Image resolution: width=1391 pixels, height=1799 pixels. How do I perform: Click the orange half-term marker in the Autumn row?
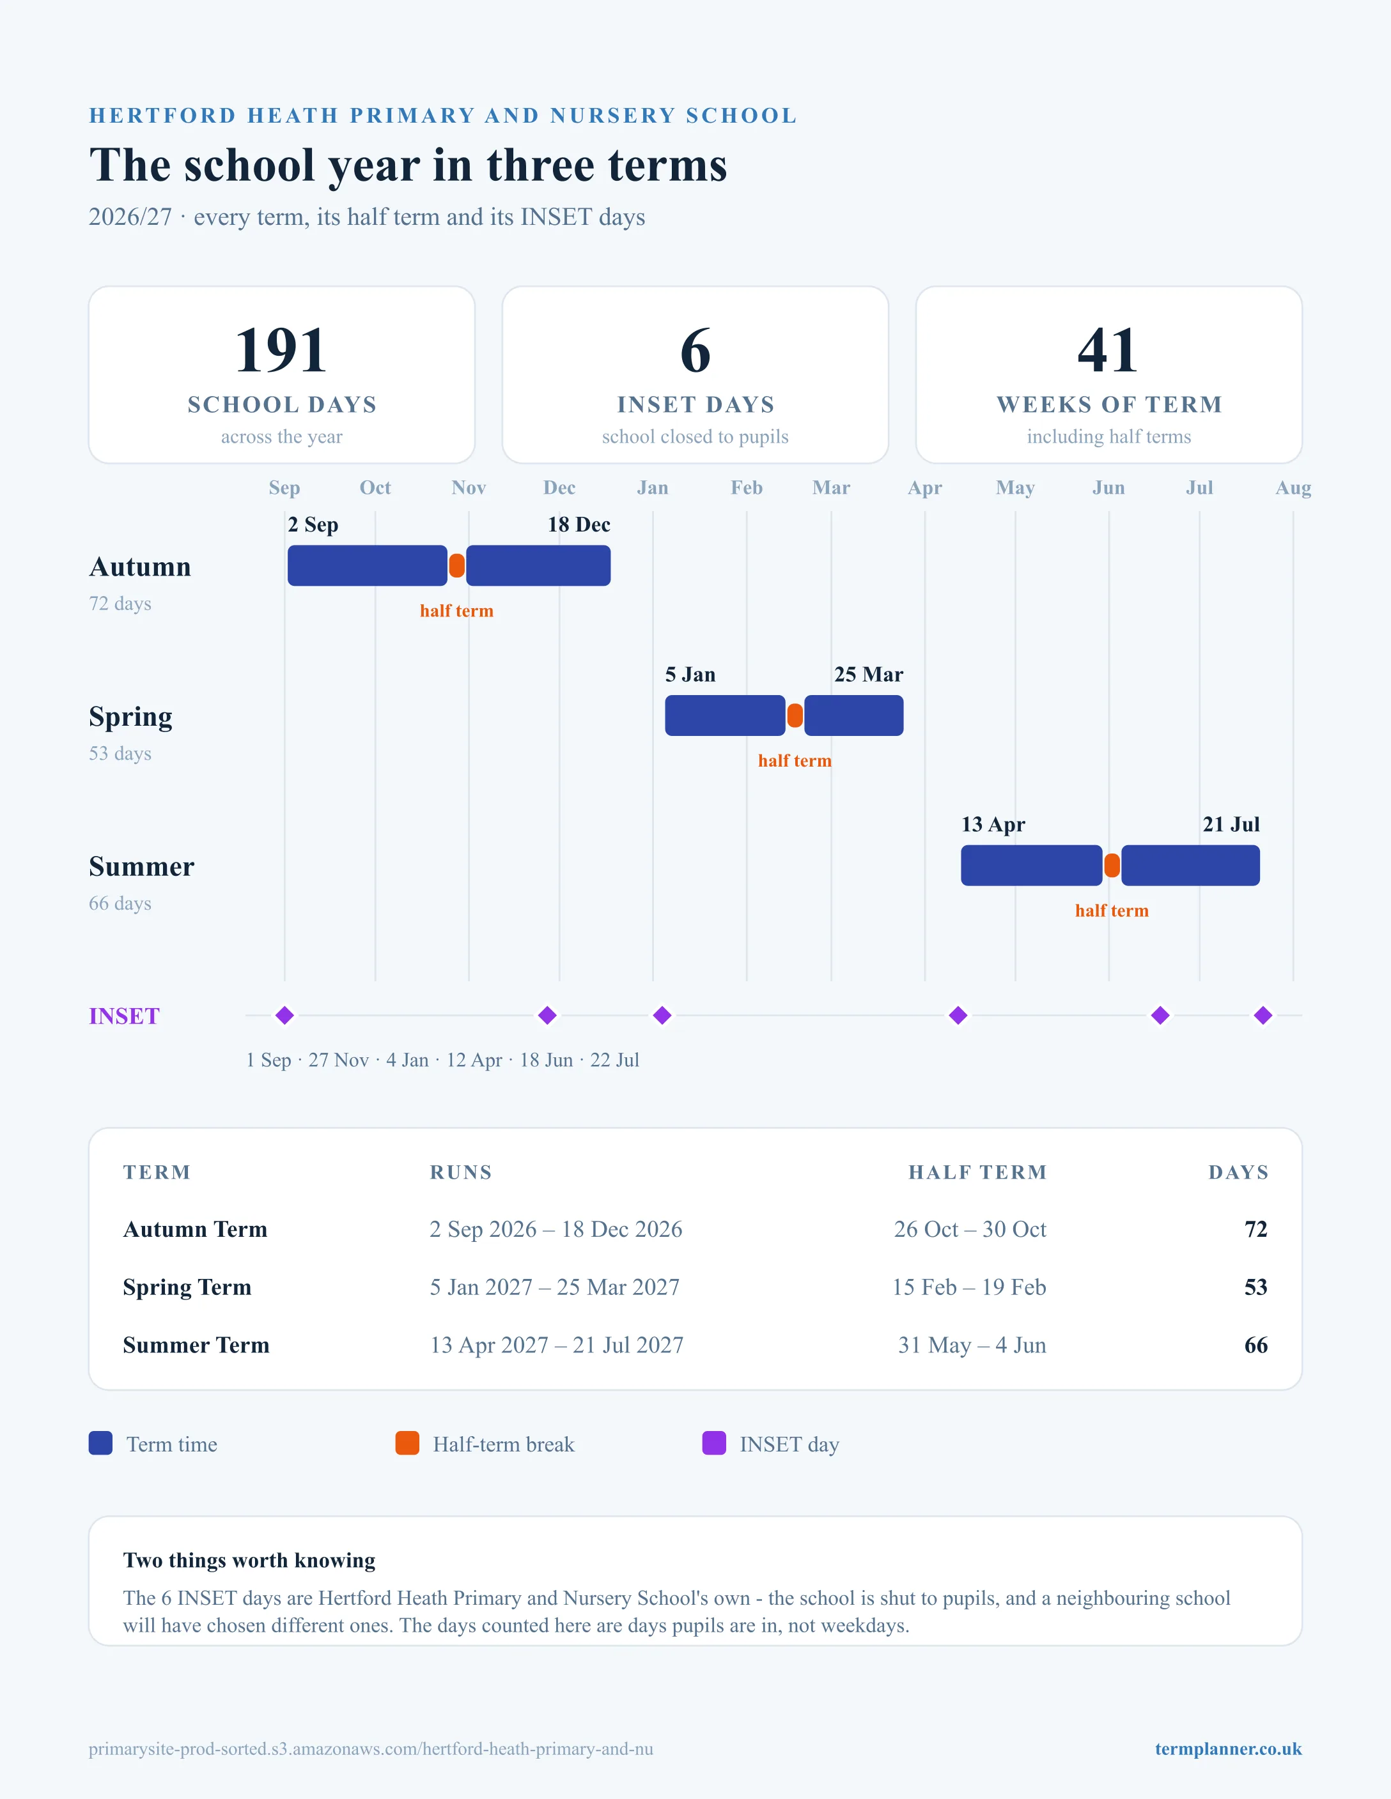(456, 566)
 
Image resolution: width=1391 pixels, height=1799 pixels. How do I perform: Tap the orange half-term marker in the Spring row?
(795, 715)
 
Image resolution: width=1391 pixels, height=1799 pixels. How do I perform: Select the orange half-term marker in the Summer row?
(1112, 865)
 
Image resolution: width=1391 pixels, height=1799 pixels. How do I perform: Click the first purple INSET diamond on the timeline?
(284, 1015)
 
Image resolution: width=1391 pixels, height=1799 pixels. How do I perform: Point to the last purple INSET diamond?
(1263, 1015)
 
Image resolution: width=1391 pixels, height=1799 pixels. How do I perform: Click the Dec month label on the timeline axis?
(559, 487)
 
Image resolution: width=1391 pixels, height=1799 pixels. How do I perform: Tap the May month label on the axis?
(1015, 487)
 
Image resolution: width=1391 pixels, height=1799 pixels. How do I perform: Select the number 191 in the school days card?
(281, 350)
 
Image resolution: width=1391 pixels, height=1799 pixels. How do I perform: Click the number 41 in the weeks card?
(1108, 350)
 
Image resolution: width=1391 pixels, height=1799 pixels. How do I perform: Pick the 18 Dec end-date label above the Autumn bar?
(579, 524)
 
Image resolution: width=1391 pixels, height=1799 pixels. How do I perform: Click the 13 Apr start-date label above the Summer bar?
(993, 825)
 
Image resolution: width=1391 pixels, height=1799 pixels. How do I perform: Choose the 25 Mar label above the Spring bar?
(869, 675)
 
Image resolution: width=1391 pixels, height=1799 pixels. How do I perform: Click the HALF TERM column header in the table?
(977, 1172)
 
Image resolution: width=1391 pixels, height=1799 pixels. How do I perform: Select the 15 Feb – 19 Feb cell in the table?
(969, 1287)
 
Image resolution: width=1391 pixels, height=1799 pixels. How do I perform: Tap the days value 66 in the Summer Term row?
(1256, 1345)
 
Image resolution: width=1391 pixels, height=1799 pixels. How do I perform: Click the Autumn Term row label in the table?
(196, 1229)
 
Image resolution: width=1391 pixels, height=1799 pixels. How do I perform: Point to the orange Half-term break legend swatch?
(407, 1443)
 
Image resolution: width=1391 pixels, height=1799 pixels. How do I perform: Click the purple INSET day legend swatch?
(713, 1443)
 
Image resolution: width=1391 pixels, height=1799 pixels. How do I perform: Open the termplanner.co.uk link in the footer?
(1228, 1749)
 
